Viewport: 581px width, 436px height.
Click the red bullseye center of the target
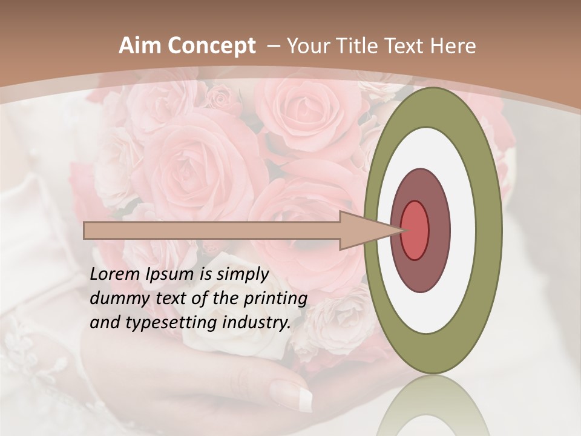415,230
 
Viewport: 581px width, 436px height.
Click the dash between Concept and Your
273,46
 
